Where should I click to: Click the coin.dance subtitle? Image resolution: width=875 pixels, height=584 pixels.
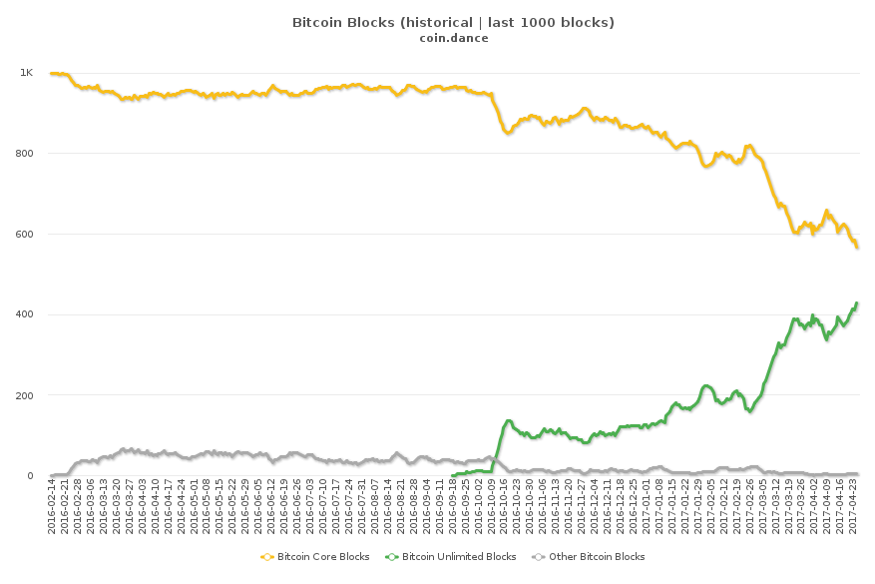[x=453, y=38]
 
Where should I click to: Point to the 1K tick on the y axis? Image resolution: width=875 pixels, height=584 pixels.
[x=26, y=73]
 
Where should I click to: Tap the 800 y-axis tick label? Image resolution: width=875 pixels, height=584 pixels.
[x=24, y=154]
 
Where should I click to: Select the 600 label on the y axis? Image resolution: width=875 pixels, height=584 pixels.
[x=24, y=235]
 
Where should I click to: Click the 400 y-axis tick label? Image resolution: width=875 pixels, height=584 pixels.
[x=24, y=315]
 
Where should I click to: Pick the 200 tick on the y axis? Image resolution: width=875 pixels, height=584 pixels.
[x=24, y=395]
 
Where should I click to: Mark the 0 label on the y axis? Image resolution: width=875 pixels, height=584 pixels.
[x=29, y=476]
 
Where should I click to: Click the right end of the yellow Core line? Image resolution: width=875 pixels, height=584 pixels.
[x=857, y=247]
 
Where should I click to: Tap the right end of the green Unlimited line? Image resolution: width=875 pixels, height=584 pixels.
[x=857, y=303]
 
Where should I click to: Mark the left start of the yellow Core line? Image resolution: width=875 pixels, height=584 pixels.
[x=51, y=74]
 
